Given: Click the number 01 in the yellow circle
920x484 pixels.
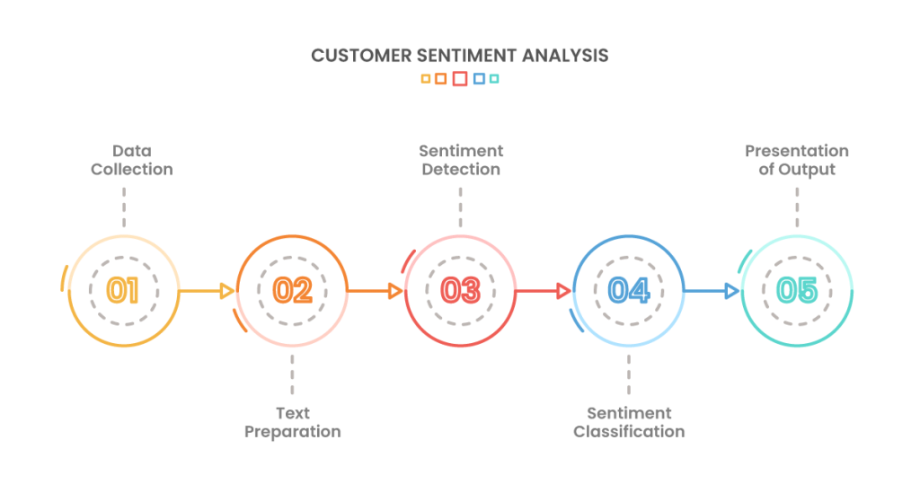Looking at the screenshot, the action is tap(122, 290).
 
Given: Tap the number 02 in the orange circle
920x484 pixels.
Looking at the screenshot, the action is tap(292, 290).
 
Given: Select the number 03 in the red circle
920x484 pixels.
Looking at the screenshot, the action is tap(461, 290).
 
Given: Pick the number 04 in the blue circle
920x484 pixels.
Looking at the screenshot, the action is tap(629, 290).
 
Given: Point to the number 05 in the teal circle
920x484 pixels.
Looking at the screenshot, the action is tap(797, 290).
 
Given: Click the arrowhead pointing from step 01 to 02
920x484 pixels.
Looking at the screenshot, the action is tap(227, 291).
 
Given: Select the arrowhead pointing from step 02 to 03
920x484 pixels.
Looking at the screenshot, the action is tap(396, 291).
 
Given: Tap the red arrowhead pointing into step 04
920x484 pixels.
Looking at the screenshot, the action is tap(564, 291).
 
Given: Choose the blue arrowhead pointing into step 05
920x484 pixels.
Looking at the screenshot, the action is tap(731, 291).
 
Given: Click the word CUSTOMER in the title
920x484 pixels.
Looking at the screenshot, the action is tap(361, 56).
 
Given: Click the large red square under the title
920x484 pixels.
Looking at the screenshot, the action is tap(460, 79).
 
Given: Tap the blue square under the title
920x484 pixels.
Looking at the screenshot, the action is tap(480, 79).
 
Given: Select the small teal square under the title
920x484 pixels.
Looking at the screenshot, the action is tap(494, 79).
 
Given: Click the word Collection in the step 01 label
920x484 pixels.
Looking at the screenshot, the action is tap(132, 170).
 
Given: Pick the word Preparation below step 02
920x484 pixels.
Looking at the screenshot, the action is tap(293, 433).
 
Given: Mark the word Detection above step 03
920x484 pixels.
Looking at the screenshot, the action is tap(461, 170).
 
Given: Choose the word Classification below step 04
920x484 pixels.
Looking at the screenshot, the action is tap(629, 432).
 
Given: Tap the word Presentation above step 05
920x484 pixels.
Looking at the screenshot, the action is tap(797, 152).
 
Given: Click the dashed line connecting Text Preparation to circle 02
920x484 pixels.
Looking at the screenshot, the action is tap(292, 374).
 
